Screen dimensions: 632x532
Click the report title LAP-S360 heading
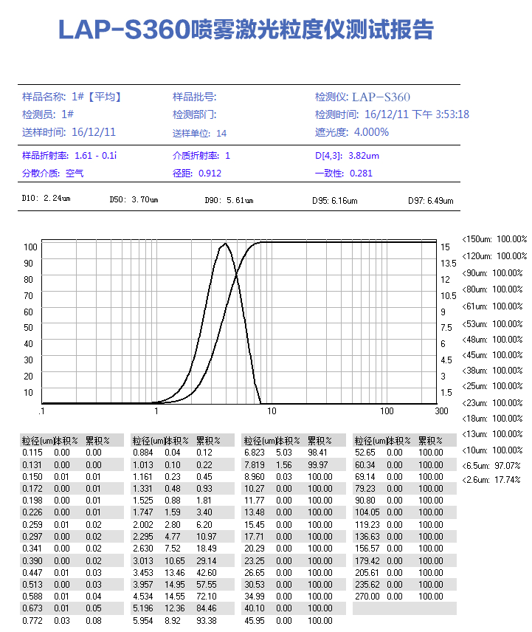pyautogui.click(x=246, y=30)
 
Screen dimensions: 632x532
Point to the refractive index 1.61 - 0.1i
pyautogui.click(x=96, y=156)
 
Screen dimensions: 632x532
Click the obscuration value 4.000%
pyautogui.click(x=371, y=132)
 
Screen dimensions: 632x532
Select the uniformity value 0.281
pyautogui.click(x=361, y=174)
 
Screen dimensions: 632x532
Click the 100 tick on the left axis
pyautogui.click(x=30, y=247)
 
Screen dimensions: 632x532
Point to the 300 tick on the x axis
pyautogui.click(x=441, y=411)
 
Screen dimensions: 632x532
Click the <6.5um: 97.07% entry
pyautogui.click(x=491, y=466)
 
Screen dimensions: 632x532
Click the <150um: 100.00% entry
pyautogui.click(x=494, y=239)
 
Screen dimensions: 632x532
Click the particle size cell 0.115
pyautogui.click(x=32, y=452)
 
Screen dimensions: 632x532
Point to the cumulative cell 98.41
pyautogui.click(x=319, y=452)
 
